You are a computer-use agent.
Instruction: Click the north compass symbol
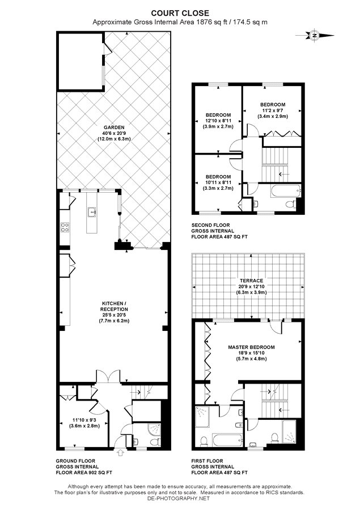(x=315, y=36)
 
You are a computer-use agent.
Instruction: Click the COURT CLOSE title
(x=180, y=14)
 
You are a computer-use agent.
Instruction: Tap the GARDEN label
(x=114, y=127)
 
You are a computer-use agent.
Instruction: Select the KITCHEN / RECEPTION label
(x=114, y=307)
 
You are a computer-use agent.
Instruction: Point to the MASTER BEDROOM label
(x=251, y=347)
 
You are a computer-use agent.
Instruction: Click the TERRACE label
(x=251, y=280)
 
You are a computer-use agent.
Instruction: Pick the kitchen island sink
(x=92, y=212)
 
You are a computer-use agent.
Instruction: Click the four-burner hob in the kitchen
(x=65, y=227)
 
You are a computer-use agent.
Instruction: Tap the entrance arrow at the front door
(x=120, y=452)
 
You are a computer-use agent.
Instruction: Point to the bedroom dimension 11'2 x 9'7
(x=273, y=110)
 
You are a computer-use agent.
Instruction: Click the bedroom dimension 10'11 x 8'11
(x=218, y=182)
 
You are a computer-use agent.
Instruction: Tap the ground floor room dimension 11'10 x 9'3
(x=84, y=419)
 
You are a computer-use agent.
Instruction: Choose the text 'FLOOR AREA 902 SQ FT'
(x=84, y=473)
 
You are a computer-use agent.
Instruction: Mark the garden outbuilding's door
(x=107, y=49)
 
